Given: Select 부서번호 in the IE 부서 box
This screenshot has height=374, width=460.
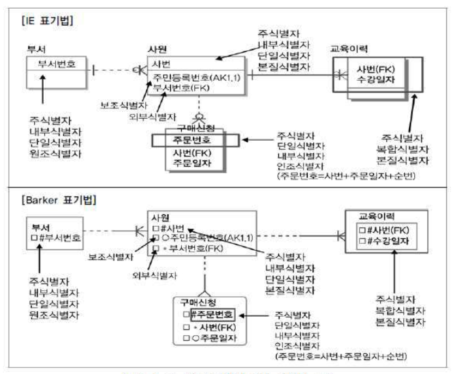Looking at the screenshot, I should point(56,64).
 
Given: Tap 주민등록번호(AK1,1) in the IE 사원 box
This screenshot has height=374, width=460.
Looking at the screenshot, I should point(197,77).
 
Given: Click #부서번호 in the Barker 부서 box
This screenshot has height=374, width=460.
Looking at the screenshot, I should point(59,238).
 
